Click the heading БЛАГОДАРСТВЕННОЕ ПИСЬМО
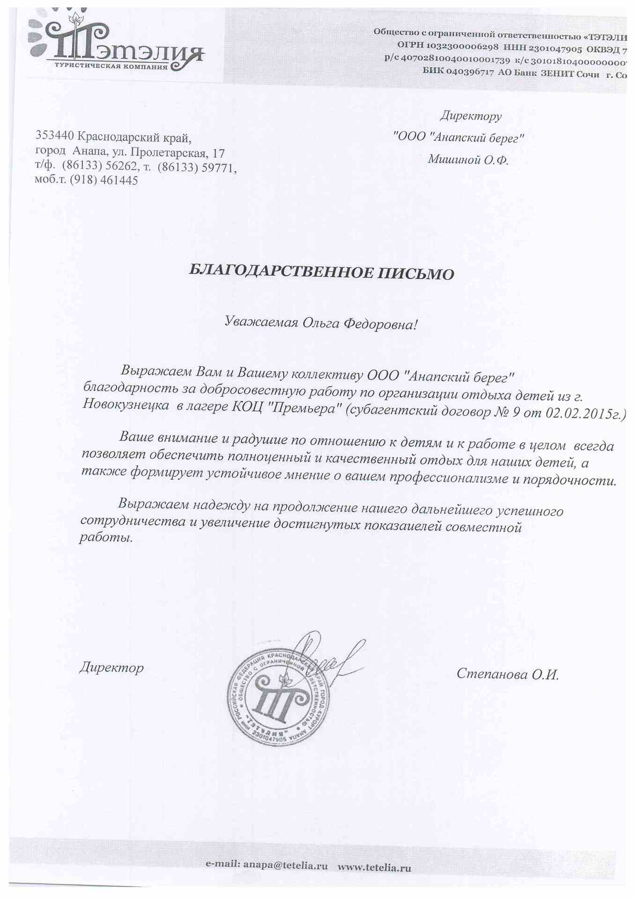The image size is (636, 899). pos(321,272)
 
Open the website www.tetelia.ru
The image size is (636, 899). pos(374,867)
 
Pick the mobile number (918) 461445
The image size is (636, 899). pos(104,180)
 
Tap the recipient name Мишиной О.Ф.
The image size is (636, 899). pos(467,160)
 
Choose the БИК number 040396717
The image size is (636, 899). pos(466,73)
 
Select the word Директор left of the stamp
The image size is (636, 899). pos(111,667)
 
